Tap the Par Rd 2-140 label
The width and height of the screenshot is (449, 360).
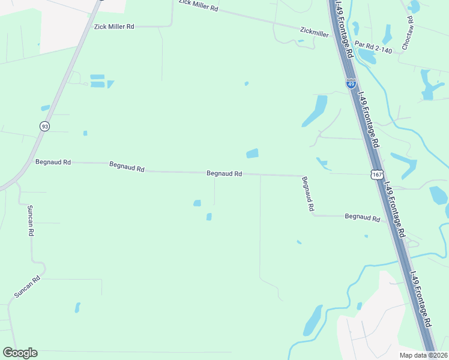(373, 47)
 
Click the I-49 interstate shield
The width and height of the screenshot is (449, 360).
(351, 83)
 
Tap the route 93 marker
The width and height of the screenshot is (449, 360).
(44, 126)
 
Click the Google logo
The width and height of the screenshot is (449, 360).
(20, 353)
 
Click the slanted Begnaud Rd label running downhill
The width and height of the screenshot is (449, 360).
(308, 193)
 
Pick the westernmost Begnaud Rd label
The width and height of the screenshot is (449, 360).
(53, 162)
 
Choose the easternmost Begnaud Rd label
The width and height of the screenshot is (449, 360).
(363, 218)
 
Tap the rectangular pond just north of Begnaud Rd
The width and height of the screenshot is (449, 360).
(252, 154)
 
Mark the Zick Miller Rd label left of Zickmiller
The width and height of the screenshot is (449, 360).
(114, 27)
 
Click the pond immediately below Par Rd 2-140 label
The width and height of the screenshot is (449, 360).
(367, 57)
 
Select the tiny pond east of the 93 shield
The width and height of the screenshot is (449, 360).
(85, 133)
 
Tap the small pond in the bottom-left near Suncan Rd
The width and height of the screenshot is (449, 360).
(77, 307)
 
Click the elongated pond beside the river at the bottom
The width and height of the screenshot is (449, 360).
(313, 320)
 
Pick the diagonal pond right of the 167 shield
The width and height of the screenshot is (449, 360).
(404, 164)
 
